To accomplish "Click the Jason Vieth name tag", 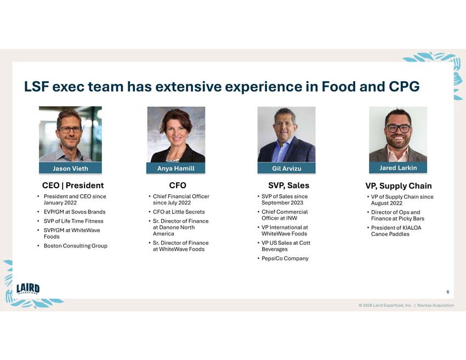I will pos(70,168).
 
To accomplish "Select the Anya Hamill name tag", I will pos(176,168).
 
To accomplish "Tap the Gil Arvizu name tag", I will pos(287,168).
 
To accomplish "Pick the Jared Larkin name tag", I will pos(398,167).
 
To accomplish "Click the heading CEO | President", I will pos(73,185).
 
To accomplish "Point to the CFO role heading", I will pos(178,185).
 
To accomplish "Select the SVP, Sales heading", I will pos(288,185).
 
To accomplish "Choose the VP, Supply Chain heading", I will pos(399,186).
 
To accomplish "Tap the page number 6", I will pos(447,292).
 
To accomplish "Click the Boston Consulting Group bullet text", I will pos(75,245).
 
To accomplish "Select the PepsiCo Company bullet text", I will pos(285,258).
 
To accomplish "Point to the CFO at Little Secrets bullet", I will pos(179,212).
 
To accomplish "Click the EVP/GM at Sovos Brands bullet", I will pos(75,212).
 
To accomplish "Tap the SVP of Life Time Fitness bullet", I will pos(74,221).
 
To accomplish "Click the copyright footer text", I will pos(406,305).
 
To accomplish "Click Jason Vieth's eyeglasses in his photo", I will pos(70,130).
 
